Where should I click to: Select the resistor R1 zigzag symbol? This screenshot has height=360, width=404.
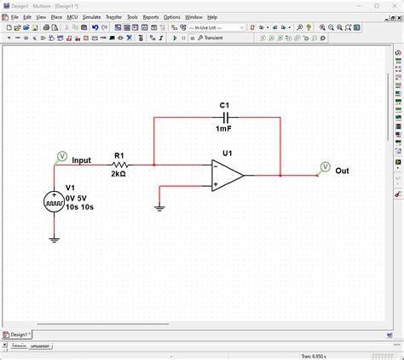[120, 165]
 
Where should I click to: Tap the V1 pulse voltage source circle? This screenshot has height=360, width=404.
[54, 201]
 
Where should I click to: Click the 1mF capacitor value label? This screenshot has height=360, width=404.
[224, 128]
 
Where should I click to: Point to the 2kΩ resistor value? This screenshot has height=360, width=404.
[120, 174]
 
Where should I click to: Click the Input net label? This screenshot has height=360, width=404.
[82, 160]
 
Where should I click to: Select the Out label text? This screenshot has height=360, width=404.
[342, 171]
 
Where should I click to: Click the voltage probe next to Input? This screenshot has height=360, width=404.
[61, 156]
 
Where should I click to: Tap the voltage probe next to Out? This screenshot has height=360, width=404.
[325, 166]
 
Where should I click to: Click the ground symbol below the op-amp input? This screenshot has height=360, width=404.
[159, 206]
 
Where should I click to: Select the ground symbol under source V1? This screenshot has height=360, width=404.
[54, 240]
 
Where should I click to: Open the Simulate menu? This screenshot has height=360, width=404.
[91, 17]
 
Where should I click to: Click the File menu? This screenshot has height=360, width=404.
[14, 17]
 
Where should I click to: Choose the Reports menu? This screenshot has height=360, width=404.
[151, 17]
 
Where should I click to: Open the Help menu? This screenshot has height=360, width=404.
[212, 17]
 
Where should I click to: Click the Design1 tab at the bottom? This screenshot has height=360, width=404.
[17, 335]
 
